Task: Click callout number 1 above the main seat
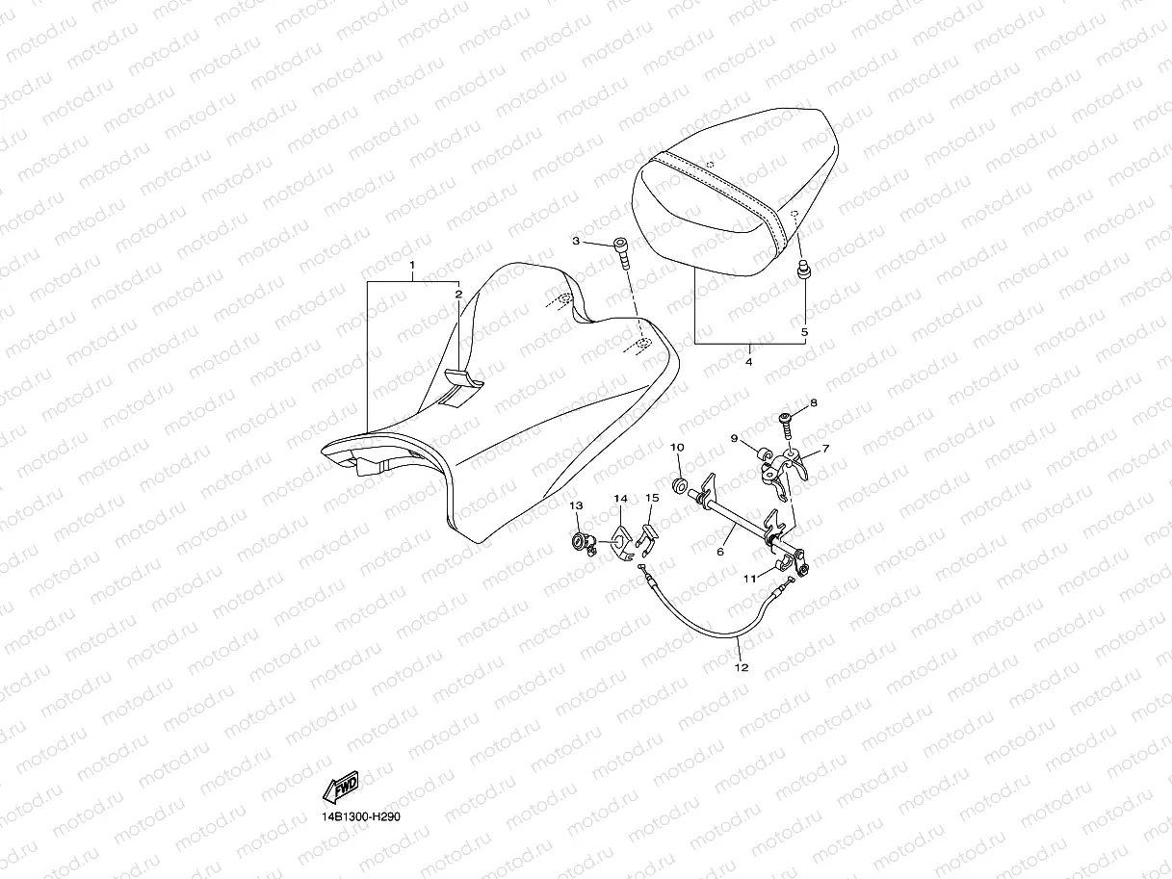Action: (x=412, y=264)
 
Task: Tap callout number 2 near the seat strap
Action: (x=458, y=293)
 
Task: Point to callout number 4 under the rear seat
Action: (x=749, y=362)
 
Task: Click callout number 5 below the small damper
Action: (x=805, y=332)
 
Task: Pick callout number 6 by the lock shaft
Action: (x=719, y=552)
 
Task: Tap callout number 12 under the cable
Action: (x=741, y=666)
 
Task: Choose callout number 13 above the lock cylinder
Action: (x=576, y=505)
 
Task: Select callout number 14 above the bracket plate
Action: (x=620, y=499)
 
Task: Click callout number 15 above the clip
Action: (x=652, y=498)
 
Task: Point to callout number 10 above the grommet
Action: (x=676, y=448)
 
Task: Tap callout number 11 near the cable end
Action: (x=748, y=579)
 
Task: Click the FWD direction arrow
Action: (x=341, y=789)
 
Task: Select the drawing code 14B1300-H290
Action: (x=361, y=816)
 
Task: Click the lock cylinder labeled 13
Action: (x=583, y=543)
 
